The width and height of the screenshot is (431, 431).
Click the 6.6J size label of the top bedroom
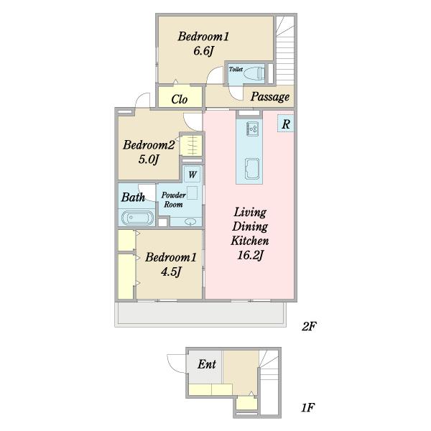[204, 51]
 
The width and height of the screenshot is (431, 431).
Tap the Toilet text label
[236, 69]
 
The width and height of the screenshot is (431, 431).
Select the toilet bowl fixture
[254, 73]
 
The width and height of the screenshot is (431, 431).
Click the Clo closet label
[180, 99]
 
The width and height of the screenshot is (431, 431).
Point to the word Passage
[270, 97]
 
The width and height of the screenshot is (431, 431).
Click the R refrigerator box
[286, 124]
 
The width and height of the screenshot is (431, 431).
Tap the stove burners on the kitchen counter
[252, 128]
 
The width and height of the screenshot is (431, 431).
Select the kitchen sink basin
[252, 169]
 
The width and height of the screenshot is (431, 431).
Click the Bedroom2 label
[149, 145]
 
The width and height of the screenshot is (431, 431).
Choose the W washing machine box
[192, 175]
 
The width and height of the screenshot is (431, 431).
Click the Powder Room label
[173, 200]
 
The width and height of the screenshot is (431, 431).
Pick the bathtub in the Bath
[137, 218]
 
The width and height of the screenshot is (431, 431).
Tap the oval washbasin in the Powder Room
[190, 221]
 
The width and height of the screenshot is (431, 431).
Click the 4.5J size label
[171, 272]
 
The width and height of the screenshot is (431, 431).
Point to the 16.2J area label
[250, 255]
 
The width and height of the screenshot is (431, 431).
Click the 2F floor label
[309, 327]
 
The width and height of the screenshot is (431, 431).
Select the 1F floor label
[307, 407]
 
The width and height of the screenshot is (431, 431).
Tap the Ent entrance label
[207, 364]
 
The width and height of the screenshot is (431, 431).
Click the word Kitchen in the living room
[250, 241]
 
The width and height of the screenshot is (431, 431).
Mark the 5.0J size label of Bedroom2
[149, 159]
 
